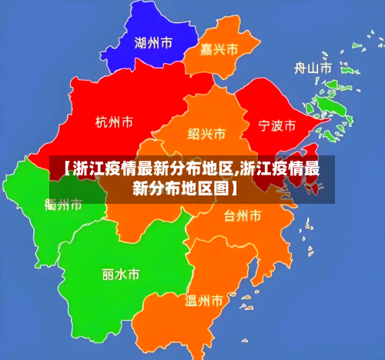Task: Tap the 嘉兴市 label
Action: click(x=219, y=50)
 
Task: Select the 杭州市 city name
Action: click(x=114, y=122)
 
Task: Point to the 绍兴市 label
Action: click(x=206, y=134)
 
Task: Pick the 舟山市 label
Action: click(x=313, y=68)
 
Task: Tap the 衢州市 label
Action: click(x=63, y=205)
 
